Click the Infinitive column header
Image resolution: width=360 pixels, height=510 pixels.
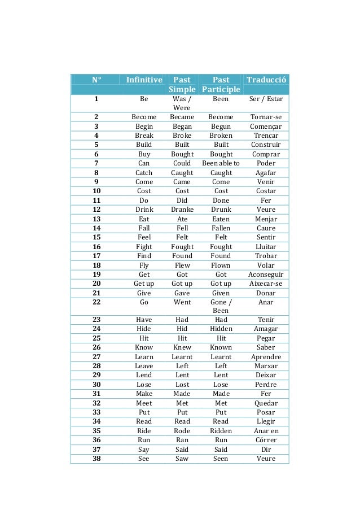point(144,80)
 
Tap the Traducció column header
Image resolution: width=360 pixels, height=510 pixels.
point(266,80)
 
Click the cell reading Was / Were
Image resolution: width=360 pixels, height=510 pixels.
point(182,103)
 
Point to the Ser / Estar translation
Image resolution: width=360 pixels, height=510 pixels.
point(266,98)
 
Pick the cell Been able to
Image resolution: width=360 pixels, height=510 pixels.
point(221,163)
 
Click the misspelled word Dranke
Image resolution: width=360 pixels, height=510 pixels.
point(182,210)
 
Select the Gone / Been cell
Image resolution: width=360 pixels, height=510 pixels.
point(221,306)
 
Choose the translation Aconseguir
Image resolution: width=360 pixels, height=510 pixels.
point(266,274)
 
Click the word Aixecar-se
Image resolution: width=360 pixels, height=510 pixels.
point(266,284)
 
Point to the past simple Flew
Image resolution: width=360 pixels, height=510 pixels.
point(182,265)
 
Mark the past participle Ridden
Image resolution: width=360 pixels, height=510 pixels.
point(221,430)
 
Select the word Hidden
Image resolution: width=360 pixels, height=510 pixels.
point(221,329)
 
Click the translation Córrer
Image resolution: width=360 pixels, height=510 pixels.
point(266,440)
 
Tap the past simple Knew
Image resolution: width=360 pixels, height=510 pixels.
point(182,347)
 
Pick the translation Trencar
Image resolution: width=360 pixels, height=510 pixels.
point(266,136)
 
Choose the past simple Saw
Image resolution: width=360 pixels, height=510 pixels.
point(182,459)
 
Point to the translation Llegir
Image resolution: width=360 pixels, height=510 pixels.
point(266,421)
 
